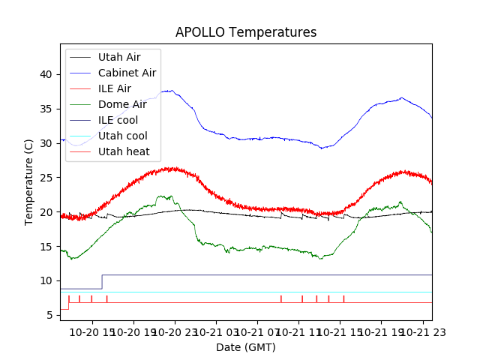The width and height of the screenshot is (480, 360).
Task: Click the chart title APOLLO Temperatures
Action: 246,32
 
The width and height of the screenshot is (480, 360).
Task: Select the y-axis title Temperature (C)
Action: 29,182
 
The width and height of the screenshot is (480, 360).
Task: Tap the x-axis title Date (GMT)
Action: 246,347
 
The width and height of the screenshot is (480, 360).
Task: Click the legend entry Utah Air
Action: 118,57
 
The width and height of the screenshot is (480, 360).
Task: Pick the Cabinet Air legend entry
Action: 127,73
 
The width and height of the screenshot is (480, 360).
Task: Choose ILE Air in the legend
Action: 114,88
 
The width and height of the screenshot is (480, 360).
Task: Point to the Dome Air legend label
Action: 122,104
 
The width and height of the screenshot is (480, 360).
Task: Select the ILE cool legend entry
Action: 118,120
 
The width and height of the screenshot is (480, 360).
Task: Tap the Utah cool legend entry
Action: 122,136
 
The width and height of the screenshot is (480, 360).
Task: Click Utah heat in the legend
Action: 124,151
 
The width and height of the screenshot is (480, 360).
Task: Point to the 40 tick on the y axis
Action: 46,74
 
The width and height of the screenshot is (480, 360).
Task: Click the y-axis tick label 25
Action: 46,178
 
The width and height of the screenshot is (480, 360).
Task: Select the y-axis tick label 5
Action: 49,316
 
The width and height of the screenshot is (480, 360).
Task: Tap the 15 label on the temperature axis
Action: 46,247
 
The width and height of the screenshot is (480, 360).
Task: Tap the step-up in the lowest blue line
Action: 102,281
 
